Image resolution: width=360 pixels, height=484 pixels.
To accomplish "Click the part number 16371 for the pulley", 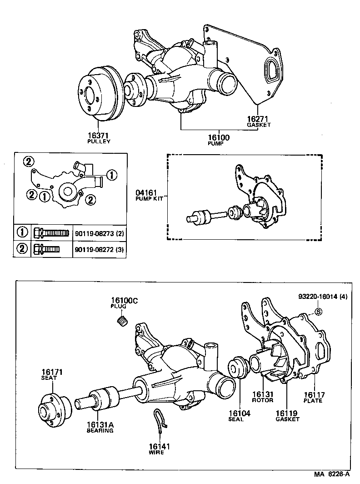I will click(x=99, y=135).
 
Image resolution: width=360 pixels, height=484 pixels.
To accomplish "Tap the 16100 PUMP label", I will click(x=220, y=137).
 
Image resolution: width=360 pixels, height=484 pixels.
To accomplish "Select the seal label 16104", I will click(x=239, y=413).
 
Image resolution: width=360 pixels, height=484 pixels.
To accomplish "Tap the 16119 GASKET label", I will click(x=287, y=413).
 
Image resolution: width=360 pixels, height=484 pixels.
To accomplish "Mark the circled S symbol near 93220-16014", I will click(x=318, y=312).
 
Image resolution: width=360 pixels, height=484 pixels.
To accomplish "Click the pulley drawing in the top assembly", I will click(x=98, y=96).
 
